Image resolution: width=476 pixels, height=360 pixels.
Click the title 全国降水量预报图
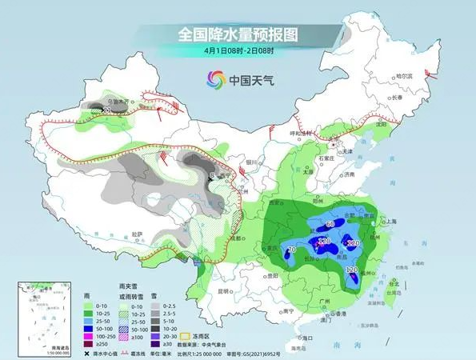click(237, 35)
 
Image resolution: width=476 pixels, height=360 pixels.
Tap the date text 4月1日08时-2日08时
click(237, 52)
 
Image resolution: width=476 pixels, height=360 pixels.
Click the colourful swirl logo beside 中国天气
click(215, 79)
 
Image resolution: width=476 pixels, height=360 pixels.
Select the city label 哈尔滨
click(408, 76)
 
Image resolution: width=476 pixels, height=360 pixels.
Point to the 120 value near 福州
click(352, 270)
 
